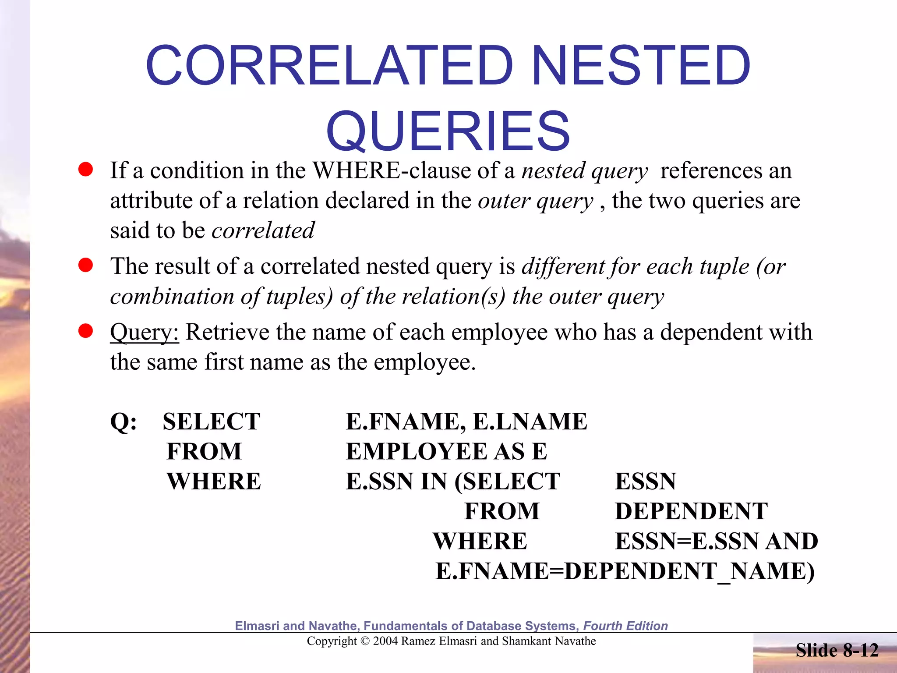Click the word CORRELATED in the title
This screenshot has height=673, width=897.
tap(329, 66)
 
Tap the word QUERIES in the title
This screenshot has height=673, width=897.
tap(448, 131)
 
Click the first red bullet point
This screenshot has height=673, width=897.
tap(85, 170)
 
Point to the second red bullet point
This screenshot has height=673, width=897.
tap(85, 265)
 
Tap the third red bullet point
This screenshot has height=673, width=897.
tap(85, 331)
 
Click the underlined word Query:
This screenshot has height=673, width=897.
tap(145, 332)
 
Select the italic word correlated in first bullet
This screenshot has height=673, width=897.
tap(263, 230)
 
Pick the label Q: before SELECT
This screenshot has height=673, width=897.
tap(124, 422)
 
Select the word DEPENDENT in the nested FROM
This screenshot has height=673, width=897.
tap(691, 511)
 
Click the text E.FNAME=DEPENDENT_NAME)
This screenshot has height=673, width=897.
tap(625, 571)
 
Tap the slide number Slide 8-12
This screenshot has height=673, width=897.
tap(837, 650)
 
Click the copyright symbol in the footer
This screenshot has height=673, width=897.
tap(365, 641)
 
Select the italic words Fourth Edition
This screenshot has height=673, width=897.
tap(625, 626)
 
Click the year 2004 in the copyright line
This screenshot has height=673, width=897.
tap(385, 641)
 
